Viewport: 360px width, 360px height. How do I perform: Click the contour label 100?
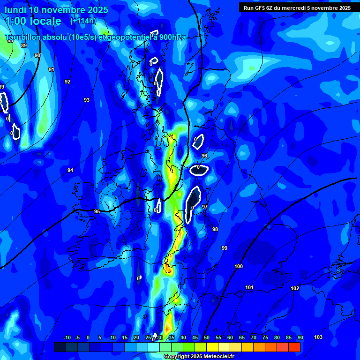[x=239, y=266]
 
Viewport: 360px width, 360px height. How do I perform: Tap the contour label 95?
[x=97, y=211]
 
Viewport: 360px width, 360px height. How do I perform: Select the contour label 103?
[x=318, y=337]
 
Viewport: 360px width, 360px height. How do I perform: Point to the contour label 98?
[x=215, y=229]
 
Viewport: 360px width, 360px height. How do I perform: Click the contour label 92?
[x=67, y=82]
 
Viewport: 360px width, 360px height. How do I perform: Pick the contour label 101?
[x=249, y=287]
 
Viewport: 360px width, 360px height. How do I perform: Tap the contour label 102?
[x=295, y=288]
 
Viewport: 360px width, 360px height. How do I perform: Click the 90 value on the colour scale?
[x=300, y=338]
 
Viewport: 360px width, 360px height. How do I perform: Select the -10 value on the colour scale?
[x=67, y=338]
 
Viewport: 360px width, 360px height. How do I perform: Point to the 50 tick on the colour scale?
[x=206, y=338]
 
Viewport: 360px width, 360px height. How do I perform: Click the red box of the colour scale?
[x=294, y=347]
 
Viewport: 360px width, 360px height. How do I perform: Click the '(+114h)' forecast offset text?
[x=83, y=21]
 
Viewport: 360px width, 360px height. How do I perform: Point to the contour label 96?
[x=204, y=156]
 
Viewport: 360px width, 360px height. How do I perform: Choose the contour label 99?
[x=225, y=248]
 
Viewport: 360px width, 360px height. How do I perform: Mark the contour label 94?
[x=70, y=170]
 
